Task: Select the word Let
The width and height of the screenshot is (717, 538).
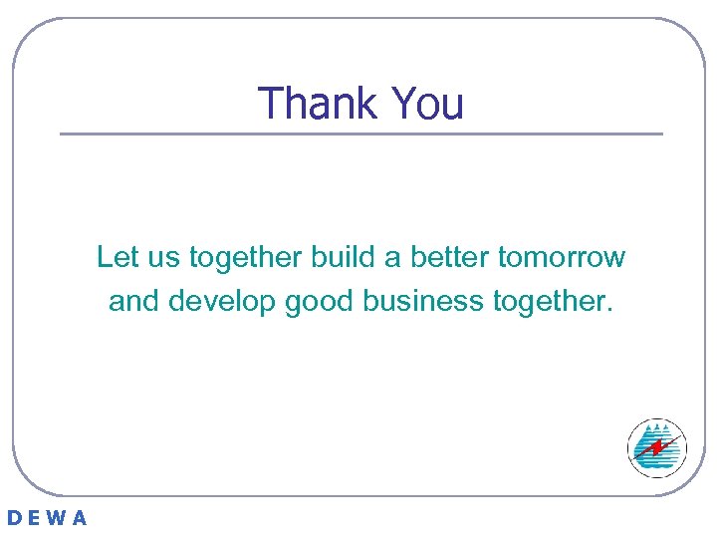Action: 117,257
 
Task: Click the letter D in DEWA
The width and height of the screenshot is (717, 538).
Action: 15,518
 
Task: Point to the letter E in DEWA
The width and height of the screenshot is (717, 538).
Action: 36,518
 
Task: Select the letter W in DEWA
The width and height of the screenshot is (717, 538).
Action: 58,518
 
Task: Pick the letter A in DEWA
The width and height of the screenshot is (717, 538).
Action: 80,518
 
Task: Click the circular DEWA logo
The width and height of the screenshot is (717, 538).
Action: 657,448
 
